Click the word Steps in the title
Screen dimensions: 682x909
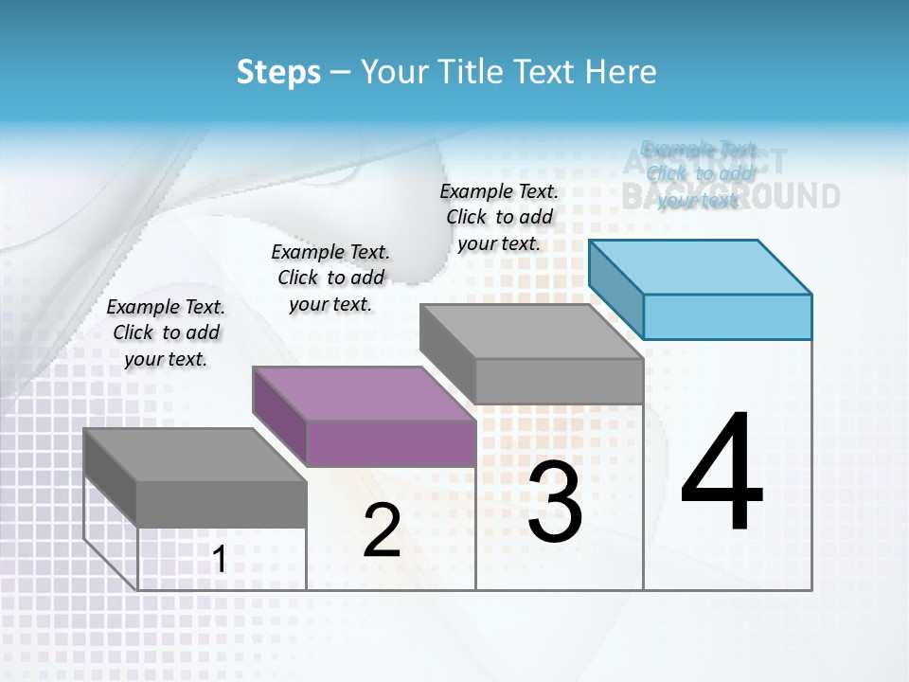[278, 72]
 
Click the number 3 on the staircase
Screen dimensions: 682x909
[555, 502]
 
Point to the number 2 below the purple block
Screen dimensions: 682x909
[382, 530]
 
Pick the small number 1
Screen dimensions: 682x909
[219, 560]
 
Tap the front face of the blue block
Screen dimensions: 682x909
[727, 316]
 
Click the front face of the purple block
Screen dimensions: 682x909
[390, 443]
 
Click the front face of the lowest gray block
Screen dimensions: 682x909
[222, 504]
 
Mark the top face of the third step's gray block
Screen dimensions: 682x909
[530, 332]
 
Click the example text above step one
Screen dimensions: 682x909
[166, 332]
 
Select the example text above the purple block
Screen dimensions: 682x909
[330, 278]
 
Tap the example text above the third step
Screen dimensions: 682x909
[499, 217]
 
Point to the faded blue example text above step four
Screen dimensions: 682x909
[699, 174]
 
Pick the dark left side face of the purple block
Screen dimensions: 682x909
[279, 417]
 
